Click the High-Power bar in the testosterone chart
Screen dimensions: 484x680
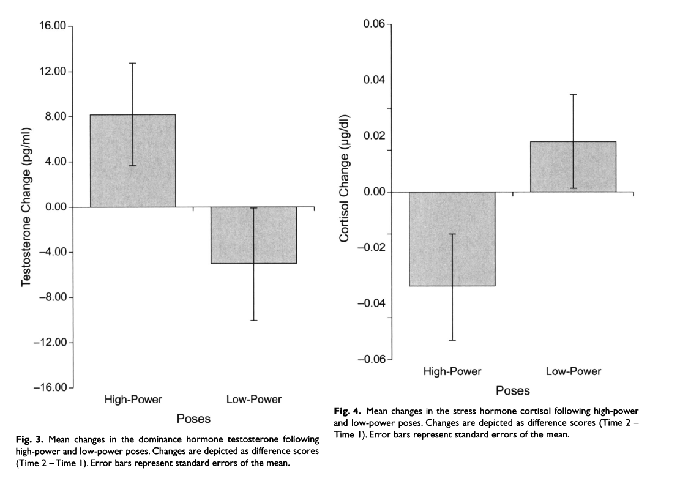coord(133,161)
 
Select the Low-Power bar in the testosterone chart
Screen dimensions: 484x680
coord(253,235)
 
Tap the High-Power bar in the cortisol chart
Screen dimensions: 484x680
coord(452,239)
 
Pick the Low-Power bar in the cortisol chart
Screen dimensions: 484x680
coord(573,166)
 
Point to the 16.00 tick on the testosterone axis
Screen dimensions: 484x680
coord(52,26)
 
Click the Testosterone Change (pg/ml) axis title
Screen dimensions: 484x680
coord(26,207)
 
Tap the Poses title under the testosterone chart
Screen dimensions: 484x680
coord(193,419)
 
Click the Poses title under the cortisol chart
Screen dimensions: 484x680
coord(513,390)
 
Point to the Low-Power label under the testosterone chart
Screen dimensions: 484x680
coord(254,400)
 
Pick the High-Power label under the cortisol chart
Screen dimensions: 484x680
coord(452,371)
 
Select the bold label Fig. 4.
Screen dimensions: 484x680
coord(348,411)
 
